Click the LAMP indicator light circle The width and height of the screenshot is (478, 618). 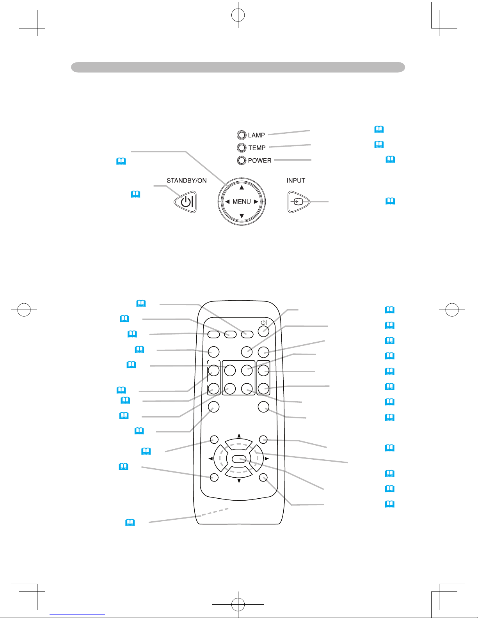click(x=242, y=135)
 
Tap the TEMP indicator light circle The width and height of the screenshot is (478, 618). click(x=242, y=148)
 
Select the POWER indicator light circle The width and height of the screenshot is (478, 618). click(x=242, y=160)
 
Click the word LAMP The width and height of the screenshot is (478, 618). click(x=256, y=135)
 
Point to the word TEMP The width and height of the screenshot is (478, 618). click(x=257, y=148)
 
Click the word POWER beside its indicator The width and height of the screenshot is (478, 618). click(x=259, y=160)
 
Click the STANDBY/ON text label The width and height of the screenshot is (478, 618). click(x=187, y=181)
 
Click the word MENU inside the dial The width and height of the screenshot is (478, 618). click(x=242, y=202)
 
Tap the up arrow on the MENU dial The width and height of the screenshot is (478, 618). click(x=242, y=188)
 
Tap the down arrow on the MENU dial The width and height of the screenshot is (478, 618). click(x=242, y=216)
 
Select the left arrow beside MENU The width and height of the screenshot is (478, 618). click(x=227, y=202)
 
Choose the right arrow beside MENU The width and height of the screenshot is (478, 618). click(x=256, y=202)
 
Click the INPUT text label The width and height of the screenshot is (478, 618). click(x=296, y=181)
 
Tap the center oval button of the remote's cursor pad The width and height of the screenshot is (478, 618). click(x=238, y=459)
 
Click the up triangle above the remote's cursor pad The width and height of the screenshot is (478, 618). click(x=239, y=435)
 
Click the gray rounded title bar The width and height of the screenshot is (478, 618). click(x=238, y=67)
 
